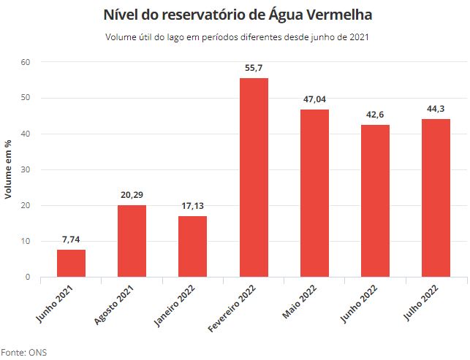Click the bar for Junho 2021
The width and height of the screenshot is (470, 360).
pos(71,264)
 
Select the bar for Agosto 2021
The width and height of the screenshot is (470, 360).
pos(132,241)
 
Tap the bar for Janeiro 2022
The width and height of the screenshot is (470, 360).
pos(192,247)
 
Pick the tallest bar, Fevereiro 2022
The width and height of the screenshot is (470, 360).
pos(254,177)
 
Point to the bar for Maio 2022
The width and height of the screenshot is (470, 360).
pos(314,194)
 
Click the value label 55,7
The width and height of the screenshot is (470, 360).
pos(254,68)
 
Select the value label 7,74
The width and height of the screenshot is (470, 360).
pos(71,240)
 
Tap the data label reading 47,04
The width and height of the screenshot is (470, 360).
pos(314,99)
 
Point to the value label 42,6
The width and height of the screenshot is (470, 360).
pos(375,115)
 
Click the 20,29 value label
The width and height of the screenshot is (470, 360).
pos(132,195)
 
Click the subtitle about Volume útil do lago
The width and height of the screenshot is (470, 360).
pos(235,37)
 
